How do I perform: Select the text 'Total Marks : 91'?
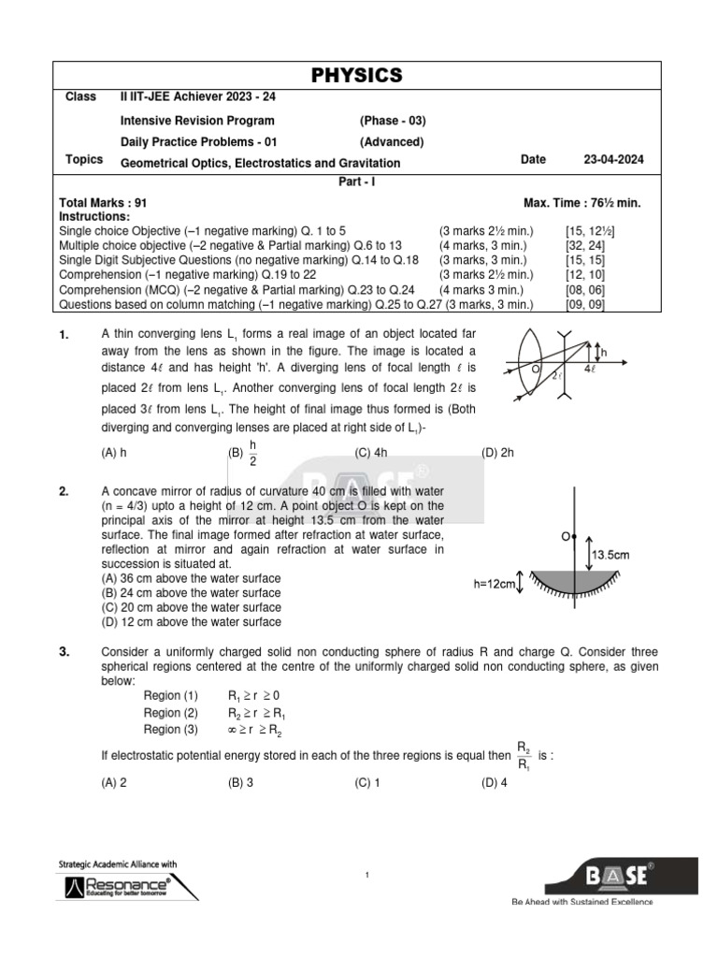click(103, 203)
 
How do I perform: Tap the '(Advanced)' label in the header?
click(392, 142)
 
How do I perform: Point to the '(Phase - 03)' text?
click(393, 121)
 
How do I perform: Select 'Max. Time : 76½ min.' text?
click(582, 203)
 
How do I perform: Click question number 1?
click(65, 335)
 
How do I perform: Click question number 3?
click(65, 652)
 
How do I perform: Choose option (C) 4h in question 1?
click(371, 452)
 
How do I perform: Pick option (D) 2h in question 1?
click(497, 452)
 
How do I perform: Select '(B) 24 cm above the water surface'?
click(190, 592)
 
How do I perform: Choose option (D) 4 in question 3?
click(494, 784)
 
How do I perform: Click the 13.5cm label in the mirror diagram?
click(609, 554)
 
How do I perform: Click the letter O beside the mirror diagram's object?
click(565, 537)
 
